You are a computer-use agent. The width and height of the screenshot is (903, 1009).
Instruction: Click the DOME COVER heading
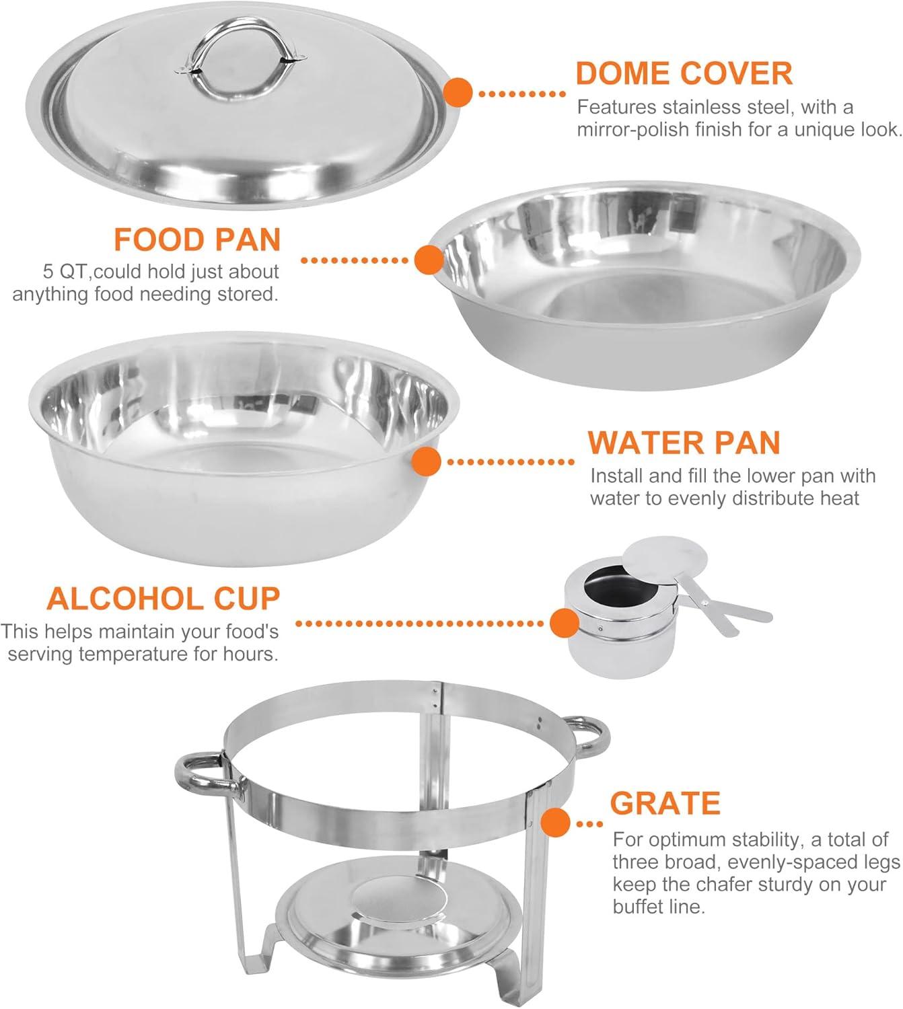(x=684, y=73)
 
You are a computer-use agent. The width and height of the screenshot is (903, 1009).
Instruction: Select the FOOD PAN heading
(x=196, y=239)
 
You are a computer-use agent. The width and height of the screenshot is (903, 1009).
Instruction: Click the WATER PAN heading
(x=684, y=443)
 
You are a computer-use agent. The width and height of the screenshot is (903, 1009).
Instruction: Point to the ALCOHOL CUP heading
(x=163, y=599)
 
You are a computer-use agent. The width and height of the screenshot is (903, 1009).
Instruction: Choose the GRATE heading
(x=665, y=803)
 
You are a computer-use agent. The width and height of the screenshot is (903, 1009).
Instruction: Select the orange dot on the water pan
(x=426, y=462)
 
